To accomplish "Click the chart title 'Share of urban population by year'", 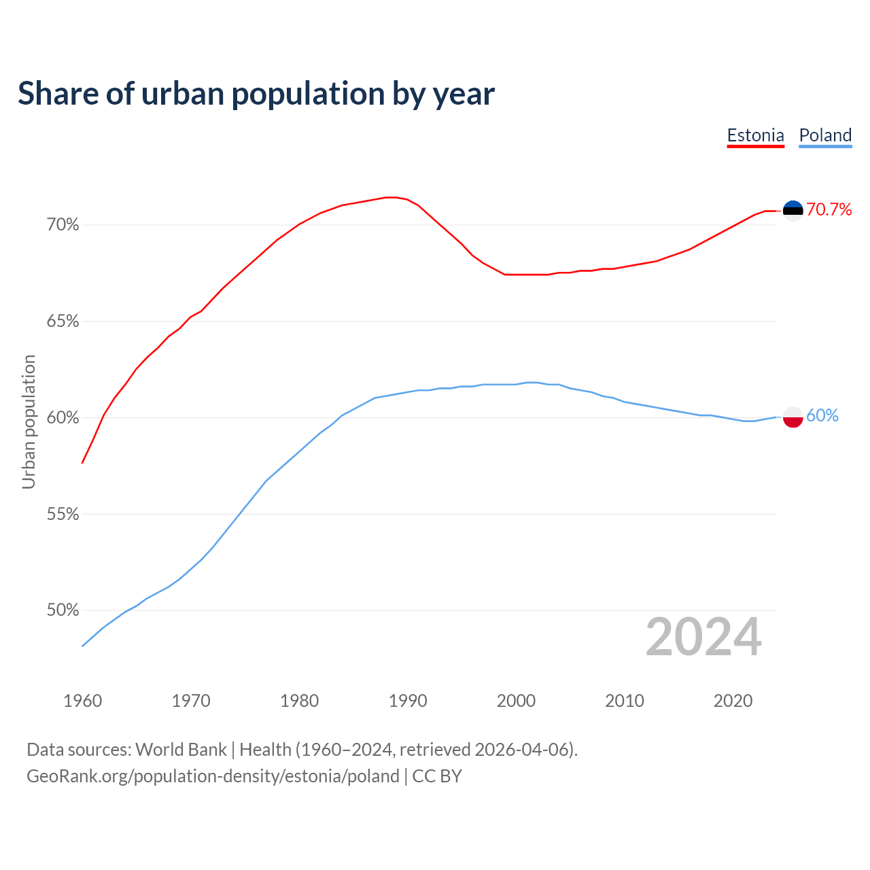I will click(256, 94).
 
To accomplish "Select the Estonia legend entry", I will click(755, 135).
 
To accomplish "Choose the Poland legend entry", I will click(825, 135).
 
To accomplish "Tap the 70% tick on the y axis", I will click(63, 225).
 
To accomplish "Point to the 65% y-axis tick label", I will click(63, 321).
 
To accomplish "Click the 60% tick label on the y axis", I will click(63, 418).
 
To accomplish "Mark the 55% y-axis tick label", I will click(63, 515).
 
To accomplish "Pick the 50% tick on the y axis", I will click(63, 610).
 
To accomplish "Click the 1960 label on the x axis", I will click(83, 701).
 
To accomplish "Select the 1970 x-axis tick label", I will click(191, 701).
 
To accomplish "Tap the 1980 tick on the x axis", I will click(300, 701).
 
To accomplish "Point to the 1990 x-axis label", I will click(408, 701).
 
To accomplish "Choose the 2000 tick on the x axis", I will click(517, 701).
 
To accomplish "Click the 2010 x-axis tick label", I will click(625, 701).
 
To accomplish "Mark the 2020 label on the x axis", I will click(733, 701).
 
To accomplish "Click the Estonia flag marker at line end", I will click(793, 211).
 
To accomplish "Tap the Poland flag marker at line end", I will click(793, 417).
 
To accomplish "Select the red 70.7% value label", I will click(829, 210).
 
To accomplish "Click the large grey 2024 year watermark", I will click(703, 638).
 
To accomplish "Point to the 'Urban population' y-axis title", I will click(29, 421).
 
